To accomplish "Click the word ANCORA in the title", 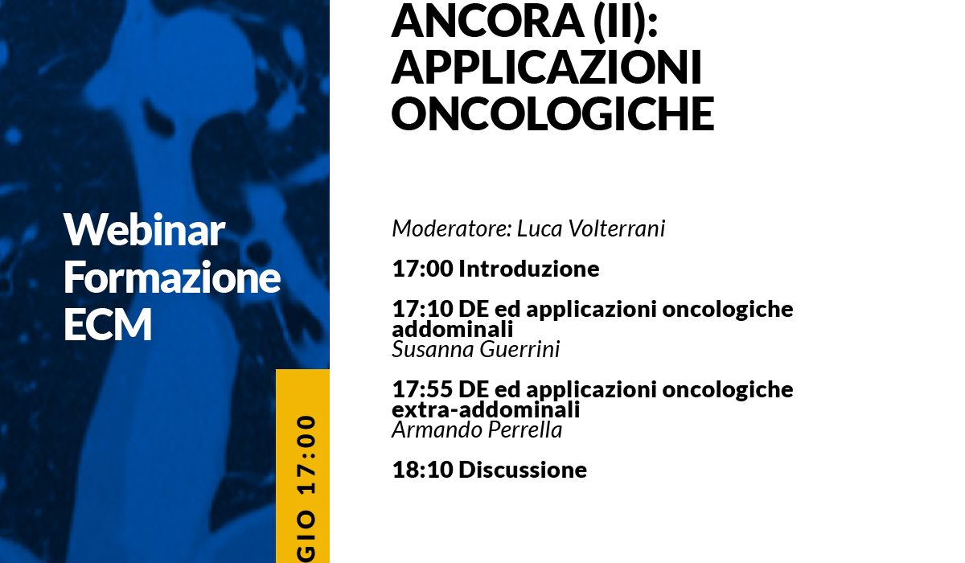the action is pyautogui.click(x=487, y=21).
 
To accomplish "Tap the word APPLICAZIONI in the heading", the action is pyautogui.click(x=547, y=67).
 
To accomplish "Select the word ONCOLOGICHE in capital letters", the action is pyautogui.click(x=553, y=113).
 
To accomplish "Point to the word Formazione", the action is pyautogui.click(x=172, y=277).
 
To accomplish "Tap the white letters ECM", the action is pyautogui.click(x=108, y=324).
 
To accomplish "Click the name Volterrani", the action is pyautogui.click(x=617, y=228).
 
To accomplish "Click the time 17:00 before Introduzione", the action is pyautogui.click(x=423, y=269).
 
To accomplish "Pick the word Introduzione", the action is pyautogui.click(x=529, y=269).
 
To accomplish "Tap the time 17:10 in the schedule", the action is pyautogui.click(x=423, y=309).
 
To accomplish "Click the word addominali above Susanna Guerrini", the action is pyautogui.click(x=453, y=329).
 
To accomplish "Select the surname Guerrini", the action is pyautogui.click(x=519, y=349).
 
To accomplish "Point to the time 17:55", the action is pyautogui.click(x=423, y=389).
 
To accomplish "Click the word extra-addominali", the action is pyautogui.click(x=486, y=409).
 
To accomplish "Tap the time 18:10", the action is pyautogui.click(x=423, y=470).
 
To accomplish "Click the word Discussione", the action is pyautogui.click(x=523, y=470).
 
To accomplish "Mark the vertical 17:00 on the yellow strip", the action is pyautogui.click(x=306, y=454).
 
